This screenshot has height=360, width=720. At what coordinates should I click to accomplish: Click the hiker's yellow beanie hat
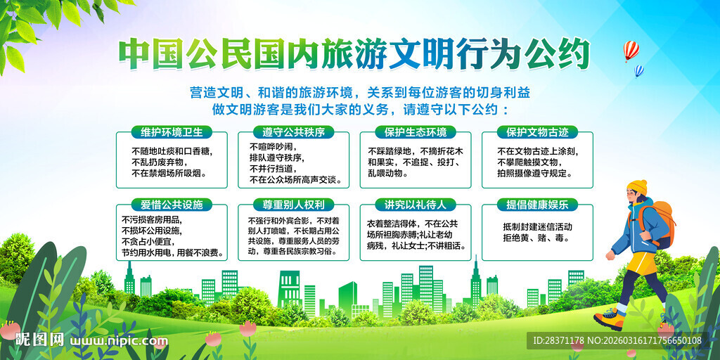pos(638,187)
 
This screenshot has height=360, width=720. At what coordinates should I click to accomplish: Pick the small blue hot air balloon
pos(638,70)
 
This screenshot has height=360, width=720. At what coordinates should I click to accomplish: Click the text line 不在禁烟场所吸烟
pos(169,173)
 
